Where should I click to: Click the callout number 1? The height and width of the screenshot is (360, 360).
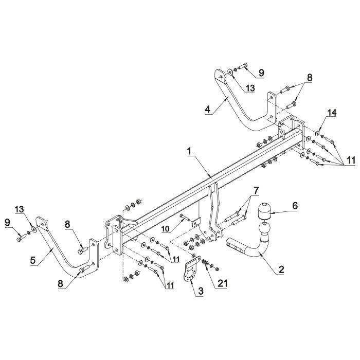(189, 152)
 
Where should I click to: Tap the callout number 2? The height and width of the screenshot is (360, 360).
(281, 269)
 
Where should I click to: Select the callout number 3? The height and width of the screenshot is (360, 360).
(201, 291)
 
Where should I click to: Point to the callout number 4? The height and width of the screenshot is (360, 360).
(208, 109)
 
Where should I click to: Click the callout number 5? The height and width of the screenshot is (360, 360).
(33, 261)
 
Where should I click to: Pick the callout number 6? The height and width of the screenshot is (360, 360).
(295, 206)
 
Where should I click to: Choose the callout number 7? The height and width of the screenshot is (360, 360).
(256, 190)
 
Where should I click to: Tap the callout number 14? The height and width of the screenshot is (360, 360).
(332, 113)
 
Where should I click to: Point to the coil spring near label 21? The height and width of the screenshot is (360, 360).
(206, 263)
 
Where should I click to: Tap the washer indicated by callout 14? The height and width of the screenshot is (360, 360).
(318, 133)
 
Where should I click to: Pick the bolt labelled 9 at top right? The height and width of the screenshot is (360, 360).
(242, 66)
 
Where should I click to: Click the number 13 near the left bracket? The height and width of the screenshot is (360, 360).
(20, 209)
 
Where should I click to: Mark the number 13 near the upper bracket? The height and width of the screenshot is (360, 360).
(250, 88)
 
